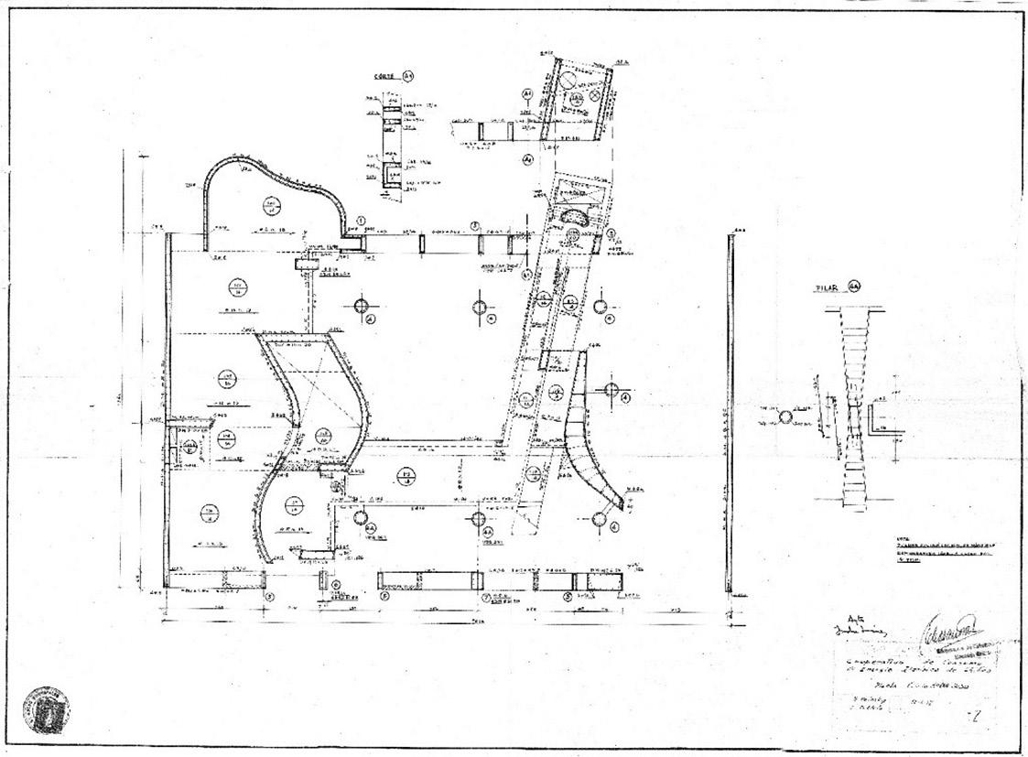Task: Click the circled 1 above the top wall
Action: (361, 221)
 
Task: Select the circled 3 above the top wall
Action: (475, 225)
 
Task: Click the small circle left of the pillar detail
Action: (785, 417)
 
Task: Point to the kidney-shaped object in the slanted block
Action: (579, 219)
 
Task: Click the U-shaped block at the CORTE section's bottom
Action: (391, 177)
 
